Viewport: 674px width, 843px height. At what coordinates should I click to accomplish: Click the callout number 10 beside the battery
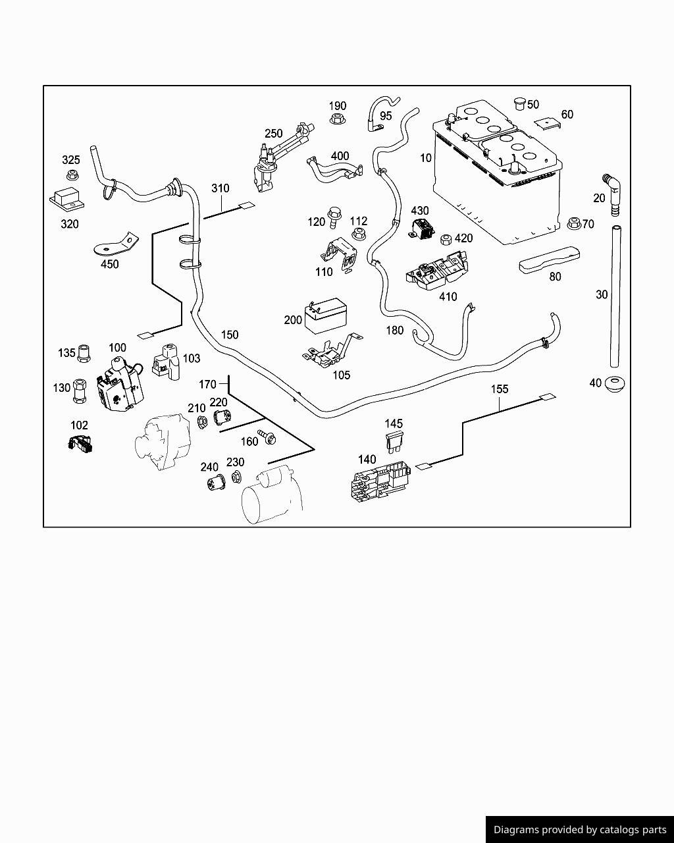[426, 158]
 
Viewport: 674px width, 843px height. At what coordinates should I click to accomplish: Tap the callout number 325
[71, 160]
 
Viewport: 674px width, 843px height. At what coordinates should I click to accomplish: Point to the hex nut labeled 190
[337, 120]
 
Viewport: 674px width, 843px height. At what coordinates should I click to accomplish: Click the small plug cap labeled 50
[519, 103]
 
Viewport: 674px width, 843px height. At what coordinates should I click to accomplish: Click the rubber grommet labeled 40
[615, 383]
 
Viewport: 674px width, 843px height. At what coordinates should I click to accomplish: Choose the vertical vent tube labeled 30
[616, 296]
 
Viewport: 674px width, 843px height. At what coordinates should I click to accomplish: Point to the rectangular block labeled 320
[66, 199]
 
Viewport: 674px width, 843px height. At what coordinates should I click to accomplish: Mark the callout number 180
[394, 331]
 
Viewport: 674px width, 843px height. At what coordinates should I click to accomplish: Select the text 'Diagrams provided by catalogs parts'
[580, 830]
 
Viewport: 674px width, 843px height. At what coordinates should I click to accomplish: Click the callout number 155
[500, 389]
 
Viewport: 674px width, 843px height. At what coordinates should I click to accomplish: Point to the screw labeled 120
[334, 214]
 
